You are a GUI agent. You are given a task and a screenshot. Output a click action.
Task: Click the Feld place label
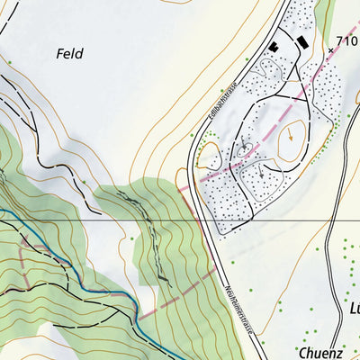(69, 54)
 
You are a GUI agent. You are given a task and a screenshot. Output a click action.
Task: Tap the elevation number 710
(346, 40)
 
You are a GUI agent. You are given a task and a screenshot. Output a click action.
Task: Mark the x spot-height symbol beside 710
(330, 50)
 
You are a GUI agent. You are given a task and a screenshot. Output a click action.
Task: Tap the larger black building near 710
(301, 41)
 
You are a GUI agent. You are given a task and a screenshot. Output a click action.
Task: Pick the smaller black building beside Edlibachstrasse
(274, 47)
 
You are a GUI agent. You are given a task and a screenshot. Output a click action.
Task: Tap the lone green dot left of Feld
(9, 62)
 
